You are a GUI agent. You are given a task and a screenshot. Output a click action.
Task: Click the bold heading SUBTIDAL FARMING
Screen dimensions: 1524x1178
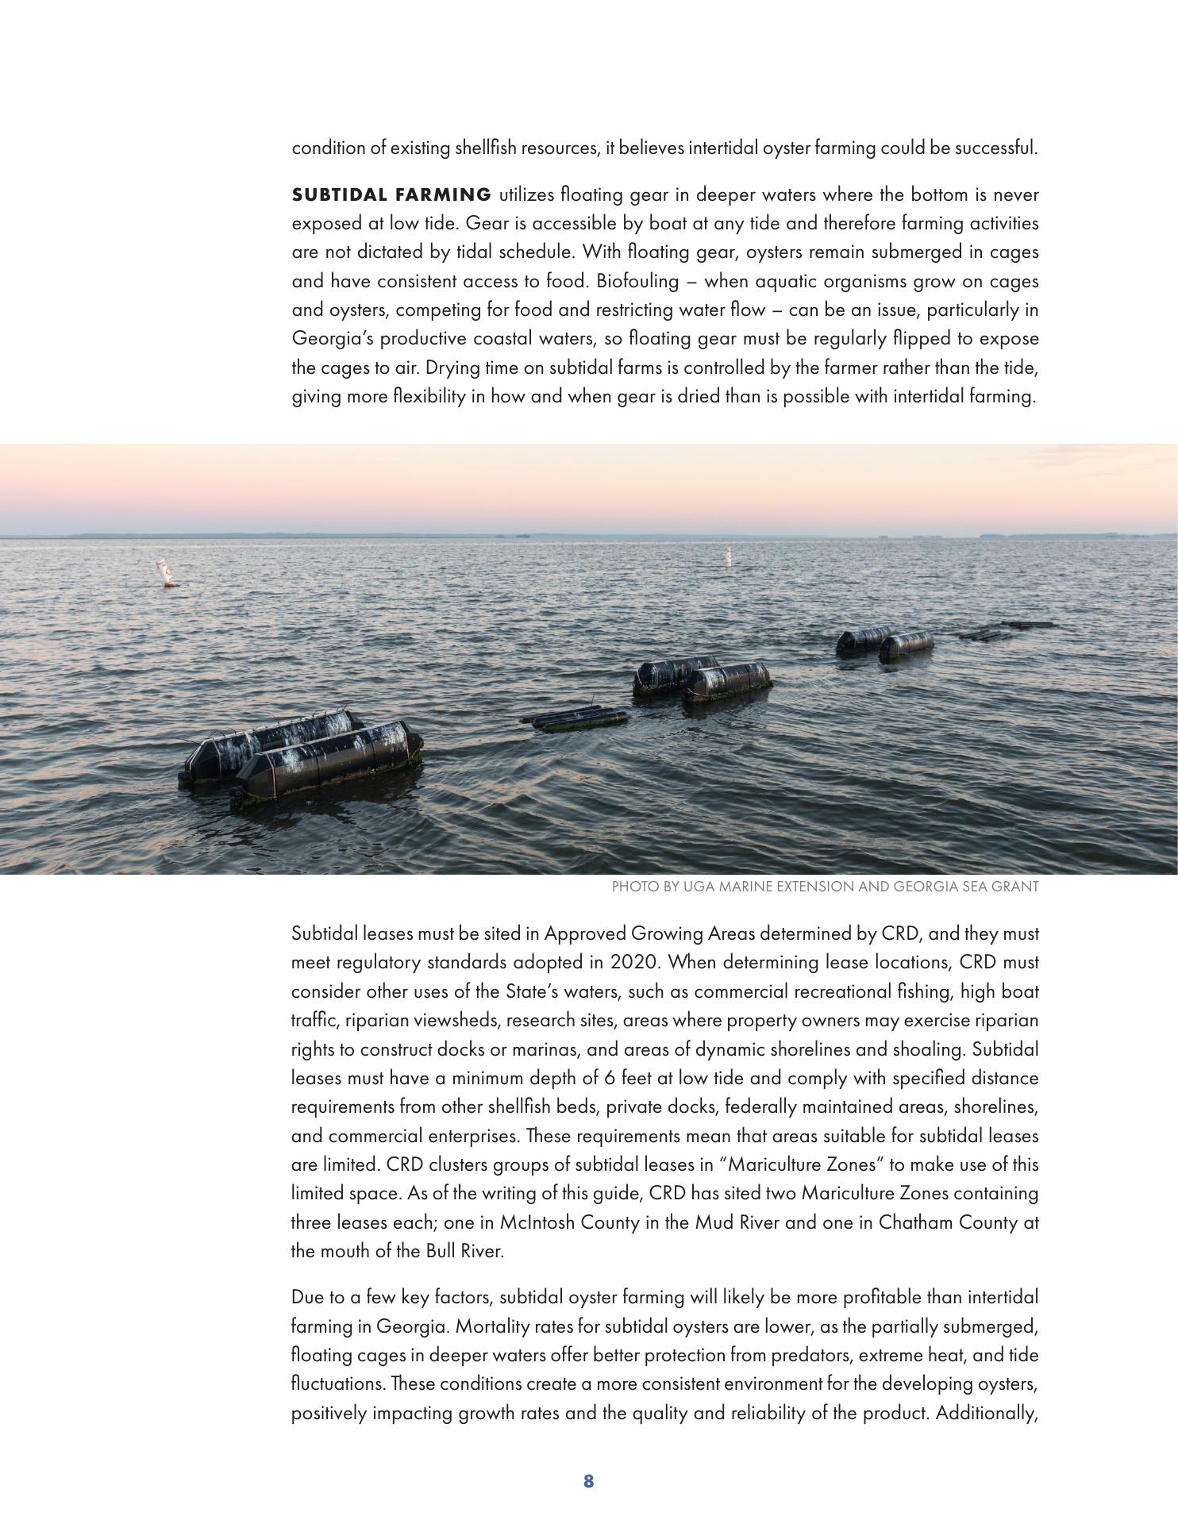(x=391, y=194)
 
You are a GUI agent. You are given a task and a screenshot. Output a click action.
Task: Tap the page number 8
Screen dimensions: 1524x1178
(x=588, y=1480)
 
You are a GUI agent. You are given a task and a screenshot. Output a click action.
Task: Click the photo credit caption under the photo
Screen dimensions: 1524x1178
(x=825, y=887)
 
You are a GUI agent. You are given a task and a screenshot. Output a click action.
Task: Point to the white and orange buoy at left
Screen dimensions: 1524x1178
(x=167, y=574)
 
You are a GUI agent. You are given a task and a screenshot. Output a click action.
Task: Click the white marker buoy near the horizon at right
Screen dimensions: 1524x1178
(x=727, y=556)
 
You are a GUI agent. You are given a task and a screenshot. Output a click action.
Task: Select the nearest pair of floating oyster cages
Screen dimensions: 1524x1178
(x=302, y=758)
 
